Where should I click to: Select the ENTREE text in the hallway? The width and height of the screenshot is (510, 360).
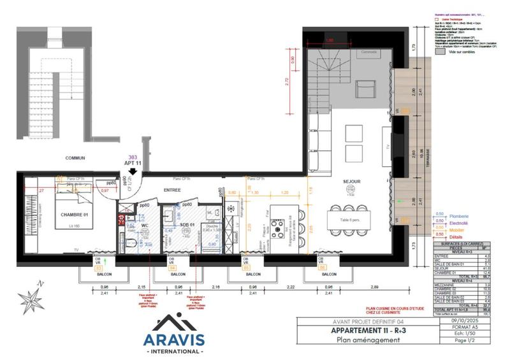(x=173, y=190)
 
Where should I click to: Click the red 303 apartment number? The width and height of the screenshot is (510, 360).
(x=133, y=157)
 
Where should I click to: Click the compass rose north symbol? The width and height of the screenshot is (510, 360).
(x=30, y=297)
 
